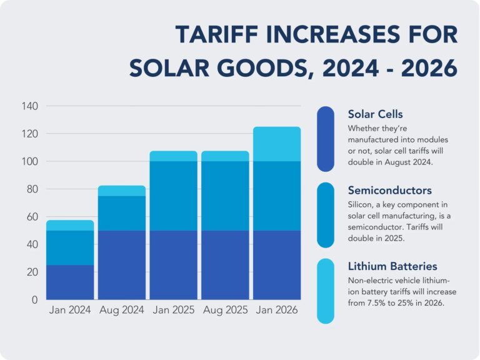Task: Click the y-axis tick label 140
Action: pyautogui.click(x=30, y=106)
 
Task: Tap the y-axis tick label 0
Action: pyautogui.click(x=36, y=299)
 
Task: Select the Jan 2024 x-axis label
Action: pyautogui.click(x=70, y=311)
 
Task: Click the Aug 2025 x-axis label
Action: pyautogui.click(x=225, y=311)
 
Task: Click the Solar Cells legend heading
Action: pyautogui.click(x=375, y=114)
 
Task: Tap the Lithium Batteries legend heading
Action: pyautogui.click(x=392, y=266)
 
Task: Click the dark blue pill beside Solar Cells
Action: pyautogui.click(x=326, y=139)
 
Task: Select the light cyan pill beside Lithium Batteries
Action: pyautogui.click(x=326, y=291)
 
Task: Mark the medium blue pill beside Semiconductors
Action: pyautogui.click(x=326, y=215)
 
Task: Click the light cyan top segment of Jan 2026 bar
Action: pyautogui.click(x=277, y=144)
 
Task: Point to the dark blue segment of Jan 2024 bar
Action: pyautogui.click(x=70, y=282)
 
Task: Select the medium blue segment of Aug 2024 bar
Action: pyautogui.click(x=122, y=213)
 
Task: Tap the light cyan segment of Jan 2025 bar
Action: pyautogui.click(x=173, y=156)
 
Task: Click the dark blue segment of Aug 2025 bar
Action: pyautogui.click(x=225, y=264)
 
